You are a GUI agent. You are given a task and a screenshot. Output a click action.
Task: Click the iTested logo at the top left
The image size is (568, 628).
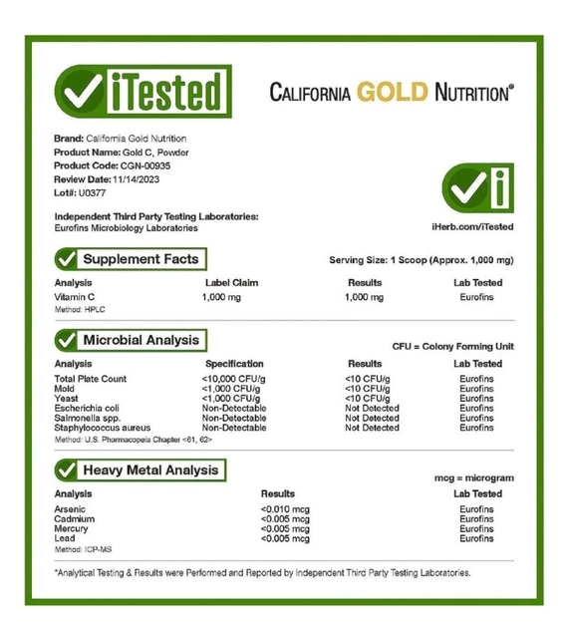point(142,92)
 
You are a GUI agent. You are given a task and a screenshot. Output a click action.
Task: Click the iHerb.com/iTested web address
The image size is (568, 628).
point(473,227)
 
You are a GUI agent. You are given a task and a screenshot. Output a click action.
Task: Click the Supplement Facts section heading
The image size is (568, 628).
point(141,259)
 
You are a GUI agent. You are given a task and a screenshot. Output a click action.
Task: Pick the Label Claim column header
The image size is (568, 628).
point(230,283)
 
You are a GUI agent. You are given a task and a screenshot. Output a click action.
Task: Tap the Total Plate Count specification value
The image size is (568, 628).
point(235,379)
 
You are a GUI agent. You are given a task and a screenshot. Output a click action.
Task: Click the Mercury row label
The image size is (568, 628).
point(72,529)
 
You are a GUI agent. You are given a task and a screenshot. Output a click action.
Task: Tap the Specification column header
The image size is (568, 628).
point(234,364)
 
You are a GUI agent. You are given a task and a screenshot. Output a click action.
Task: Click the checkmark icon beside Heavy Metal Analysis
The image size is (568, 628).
point(68,470)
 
